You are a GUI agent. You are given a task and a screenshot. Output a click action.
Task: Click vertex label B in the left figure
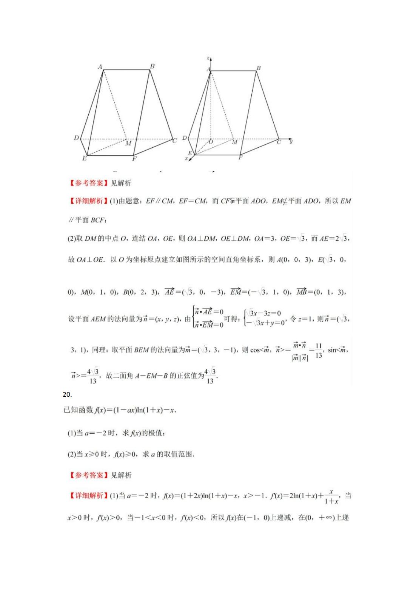[152, 66]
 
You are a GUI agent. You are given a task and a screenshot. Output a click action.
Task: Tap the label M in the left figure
[128, 144]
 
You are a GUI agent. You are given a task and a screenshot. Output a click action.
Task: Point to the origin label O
[211, 142]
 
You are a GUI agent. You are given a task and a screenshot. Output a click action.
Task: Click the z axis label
[208, 58]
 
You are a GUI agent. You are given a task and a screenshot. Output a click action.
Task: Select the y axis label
[291, 141]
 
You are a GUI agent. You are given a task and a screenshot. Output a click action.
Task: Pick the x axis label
[186, 159]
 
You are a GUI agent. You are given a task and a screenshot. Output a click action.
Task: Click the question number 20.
[67, 394]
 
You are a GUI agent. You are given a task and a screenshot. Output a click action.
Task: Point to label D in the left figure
[76, 138]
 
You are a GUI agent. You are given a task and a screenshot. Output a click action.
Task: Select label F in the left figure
[134, 159]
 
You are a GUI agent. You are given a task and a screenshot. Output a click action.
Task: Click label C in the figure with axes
[279, 142]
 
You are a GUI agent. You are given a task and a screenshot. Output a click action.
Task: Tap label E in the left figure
[84, 158]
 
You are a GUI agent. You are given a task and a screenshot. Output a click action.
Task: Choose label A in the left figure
[100, 67]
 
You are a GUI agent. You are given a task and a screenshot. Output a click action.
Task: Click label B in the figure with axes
[259, 68]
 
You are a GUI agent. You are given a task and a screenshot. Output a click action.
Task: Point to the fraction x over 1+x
[331, 496]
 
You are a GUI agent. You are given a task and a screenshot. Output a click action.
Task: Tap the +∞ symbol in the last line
[326, 518]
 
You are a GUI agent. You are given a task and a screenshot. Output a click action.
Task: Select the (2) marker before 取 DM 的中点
[71, 239]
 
